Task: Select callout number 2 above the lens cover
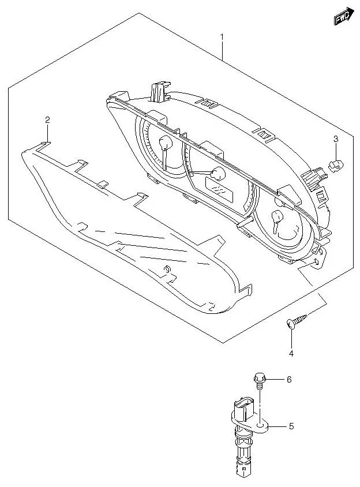pyautogui.click(x=48, y=119)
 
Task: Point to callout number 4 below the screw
pyautogui.click(x=291, y=353)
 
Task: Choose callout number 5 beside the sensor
pyautogui.click(x=291, y=426)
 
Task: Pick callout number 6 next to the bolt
pyautogui.click(x=290, y=379)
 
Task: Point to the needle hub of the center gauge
pyautogui.click(x=218, y=173)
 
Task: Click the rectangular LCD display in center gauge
pyautogui.click(x=219, y=187)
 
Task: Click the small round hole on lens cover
pyautogui.click(x=167, y=269)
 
